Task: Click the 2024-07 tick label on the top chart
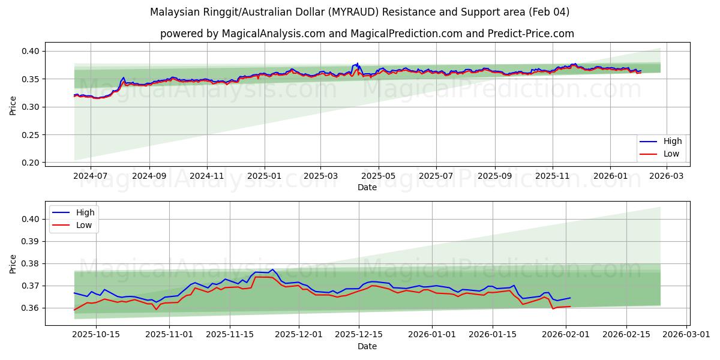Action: tap(90, 176)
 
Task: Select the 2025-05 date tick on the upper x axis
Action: tap(378, 176)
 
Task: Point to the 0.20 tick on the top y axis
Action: tap(31, 163)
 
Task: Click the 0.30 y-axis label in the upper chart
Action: tap(31, 107)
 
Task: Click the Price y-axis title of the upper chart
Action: tap(13, 105)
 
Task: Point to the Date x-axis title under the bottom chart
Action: tap(367, 346)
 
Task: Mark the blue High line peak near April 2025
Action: tap(358, 63)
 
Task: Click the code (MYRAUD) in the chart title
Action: tap(322, 12)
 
